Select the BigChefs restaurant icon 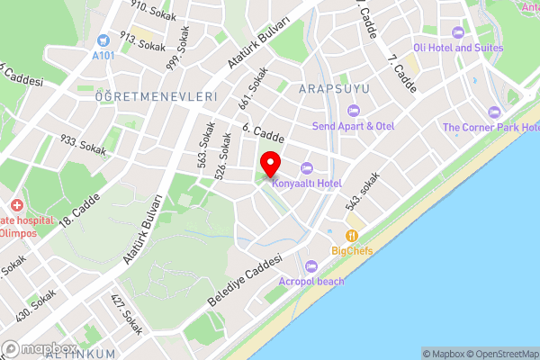pyautogui.click(x=352, y=236)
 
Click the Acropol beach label pyautogui.click(x=312, y=281)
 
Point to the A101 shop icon pyautogui.click(x=104, y=40)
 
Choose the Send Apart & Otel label pyautogui.click(x=353, y=126)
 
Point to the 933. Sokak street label pyautogui.click(x=84, y=144)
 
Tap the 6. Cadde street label pyautogui.click(x=264, y=133)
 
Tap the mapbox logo pyautogui.click(x=40, y=348)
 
